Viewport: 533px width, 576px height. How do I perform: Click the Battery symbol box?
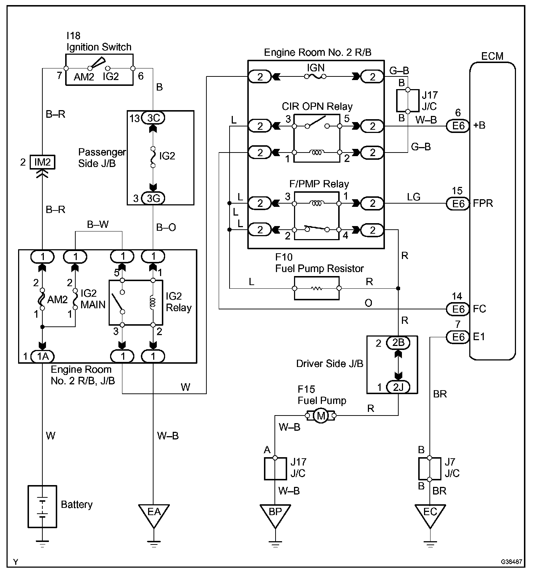[42, 506]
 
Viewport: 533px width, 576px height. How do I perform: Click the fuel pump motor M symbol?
[321, 416]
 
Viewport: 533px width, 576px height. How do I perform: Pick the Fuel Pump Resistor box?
[317, 288]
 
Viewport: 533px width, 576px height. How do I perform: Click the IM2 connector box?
[43, 162]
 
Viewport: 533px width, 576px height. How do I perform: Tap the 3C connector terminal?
[154, 118]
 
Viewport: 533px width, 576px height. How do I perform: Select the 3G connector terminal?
[154, 199]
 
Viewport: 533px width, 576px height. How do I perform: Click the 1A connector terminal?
[43, 356]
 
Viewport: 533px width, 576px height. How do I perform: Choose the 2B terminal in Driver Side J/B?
[398, 343]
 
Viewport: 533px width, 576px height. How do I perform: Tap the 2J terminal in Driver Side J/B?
[398, 387]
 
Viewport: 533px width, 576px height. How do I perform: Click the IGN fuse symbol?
[315, 76]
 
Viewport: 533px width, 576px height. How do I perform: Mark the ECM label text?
[492, 56]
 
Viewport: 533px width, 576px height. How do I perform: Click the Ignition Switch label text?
[99, 47]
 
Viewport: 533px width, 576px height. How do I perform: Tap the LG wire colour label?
[414, 197]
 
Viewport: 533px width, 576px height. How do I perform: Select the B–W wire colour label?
[98, 225]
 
